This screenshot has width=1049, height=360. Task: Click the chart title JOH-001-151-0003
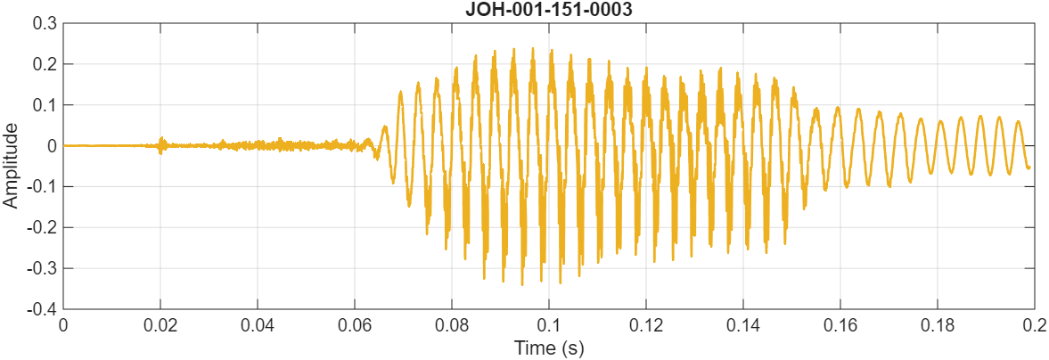tap(548, 10)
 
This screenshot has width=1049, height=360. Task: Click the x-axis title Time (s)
tap(548, 348)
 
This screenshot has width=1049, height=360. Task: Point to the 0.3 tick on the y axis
tap(44, 23)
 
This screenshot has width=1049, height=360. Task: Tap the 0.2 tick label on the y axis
tap(44, 64)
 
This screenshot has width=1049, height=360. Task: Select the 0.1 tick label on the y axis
tap(44, 105)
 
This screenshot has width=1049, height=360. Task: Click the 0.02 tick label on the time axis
tap(160, 325)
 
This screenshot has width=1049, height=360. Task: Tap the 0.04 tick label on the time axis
tap(258, 325)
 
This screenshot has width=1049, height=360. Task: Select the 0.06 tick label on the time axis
tap(355, 325)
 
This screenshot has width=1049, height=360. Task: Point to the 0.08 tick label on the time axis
tap(452, 325)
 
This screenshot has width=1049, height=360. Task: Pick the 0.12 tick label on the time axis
tap(646, 325)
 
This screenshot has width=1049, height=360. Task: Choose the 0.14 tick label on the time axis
tap(743, 325)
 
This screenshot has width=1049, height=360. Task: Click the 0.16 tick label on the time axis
tap(840, 325)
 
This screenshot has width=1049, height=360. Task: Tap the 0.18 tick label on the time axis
tap(938, 325)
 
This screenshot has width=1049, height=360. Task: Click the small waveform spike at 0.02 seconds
tap(161, 142)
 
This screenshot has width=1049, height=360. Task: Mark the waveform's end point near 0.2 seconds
tap(1029, 168)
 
